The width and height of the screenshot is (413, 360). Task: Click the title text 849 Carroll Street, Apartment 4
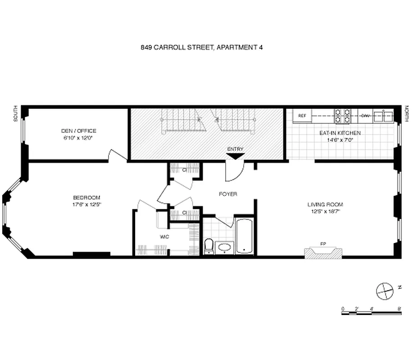(x=201, y=47)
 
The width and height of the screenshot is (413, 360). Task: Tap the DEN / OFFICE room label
(x=79, y=131)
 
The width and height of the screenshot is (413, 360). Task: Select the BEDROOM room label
(x=87, y=198)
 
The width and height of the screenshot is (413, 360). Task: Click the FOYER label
(x=228, y=194)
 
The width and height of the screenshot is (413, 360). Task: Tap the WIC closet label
(x=164, y=236)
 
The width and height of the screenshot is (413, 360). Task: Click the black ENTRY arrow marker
(x=235, y=156)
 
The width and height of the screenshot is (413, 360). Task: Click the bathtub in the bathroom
(x=245, y=237)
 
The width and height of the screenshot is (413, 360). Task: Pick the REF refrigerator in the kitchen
(x=302, y=116)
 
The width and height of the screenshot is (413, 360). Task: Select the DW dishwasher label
(x=365, y=116)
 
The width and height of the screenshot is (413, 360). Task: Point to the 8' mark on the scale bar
(x=400, y=309)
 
